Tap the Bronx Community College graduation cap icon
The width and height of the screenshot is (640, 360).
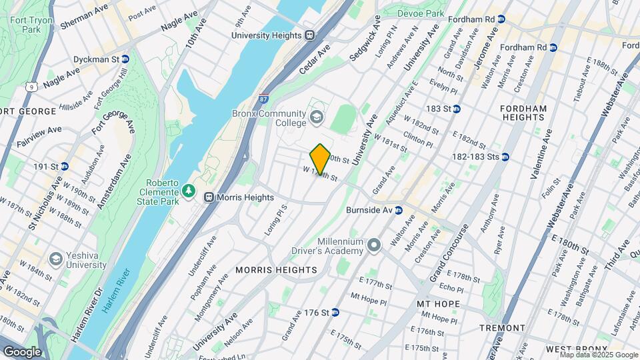[x=317, y=119]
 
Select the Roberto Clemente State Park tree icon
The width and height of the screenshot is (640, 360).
[x=189, y=191]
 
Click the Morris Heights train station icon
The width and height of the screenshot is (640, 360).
[x=209, y=197]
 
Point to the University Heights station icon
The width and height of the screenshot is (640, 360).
[x=309, y=35]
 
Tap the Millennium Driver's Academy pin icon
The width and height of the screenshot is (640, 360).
[x=374, y=246]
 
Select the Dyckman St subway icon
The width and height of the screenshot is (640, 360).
[x=125, y=59]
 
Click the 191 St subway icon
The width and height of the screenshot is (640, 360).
[x=65, y=166]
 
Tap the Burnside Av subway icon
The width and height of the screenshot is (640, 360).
[x=399, y=210]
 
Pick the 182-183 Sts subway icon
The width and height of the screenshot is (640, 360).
[x=505, y=157]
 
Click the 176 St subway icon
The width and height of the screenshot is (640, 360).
[x=335, y=312]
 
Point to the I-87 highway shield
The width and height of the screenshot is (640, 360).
[x=264, y=98]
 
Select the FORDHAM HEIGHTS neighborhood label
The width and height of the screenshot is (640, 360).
[x=524, y=113]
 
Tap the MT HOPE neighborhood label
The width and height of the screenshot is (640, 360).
[x=439, y=303]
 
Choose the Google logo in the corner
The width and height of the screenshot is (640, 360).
[x=22, y=351]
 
